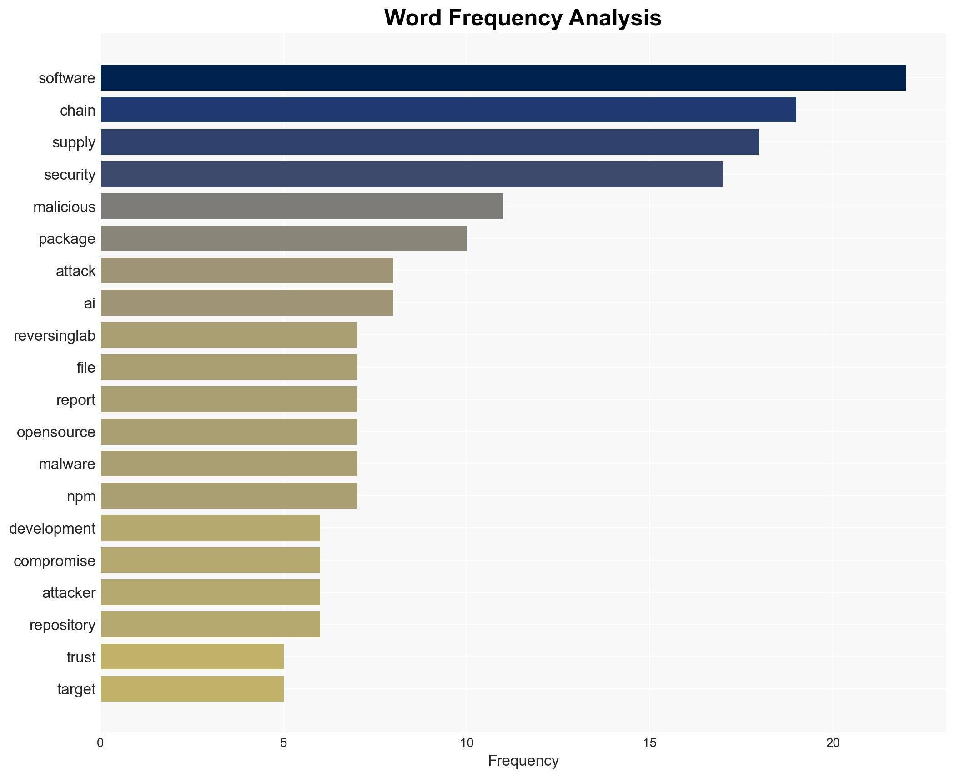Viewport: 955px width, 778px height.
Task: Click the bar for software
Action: [503, 78]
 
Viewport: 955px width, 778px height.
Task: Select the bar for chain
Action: [448, 110]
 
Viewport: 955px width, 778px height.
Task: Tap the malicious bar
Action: [302, 207]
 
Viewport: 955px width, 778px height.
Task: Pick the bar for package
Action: [283, 238]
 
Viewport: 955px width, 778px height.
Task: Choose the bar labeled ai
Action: [246, 303]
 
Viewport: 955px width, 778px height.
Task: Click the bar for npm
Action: [228, 496]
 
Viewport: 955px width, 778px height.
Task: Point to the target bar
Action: [192, 689]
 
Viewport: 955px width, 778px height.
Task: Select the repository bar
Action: [210, 625]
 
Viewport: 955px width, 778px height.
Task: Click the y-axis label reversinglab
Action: [55, 336]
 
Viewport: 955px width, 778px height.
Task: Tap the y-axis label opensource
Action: [56, 432]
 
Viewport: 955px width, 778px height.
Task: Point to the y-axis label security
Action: [70, 175]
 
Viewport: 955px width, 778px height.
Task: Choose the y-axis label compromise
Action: [55, 561]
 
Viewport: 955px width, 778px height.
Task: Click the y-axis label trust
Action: [81, 657]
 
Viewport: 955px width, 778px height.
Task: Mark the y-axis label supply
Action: [74, 142]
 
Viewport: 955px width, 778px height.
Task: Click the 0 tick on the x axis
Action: [101, 743]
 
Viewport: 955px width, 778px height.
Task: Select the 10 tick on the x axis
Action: [467, 743]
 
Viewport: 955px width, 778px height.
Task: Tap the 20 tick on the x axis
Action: [833, 743]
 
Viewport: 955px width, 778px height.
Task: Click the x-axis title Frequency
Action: [523, 761]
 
